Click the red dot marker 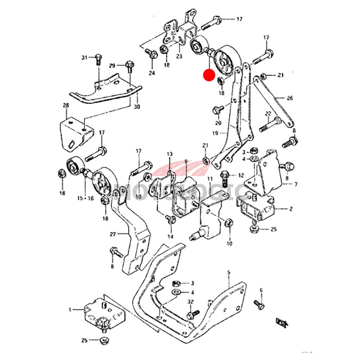click(x=209, y=75)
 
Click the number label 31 click(x=85, y=57)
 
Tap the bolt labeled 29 click(x=130, y=67)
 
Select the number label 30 click(x=137, y=107)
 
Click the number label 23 click(x=179, y=56)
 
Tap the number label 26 click(x=290, y=98)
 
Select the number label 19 click(x=215, y=133)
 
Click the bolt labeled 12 click(x=225, y=176)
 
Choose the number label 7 click(x=296, y=185)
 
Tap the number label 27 click(x=113, y=234)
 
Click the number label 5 click(x=228, y=273)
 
